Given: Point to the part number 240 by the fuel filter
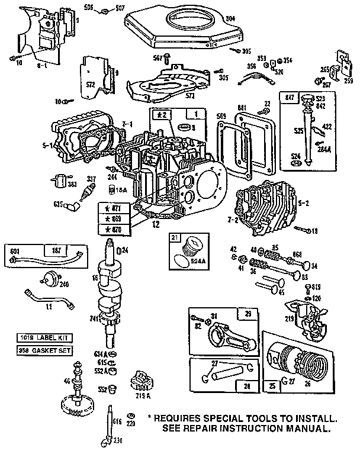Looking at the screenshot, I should (65, 284).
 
